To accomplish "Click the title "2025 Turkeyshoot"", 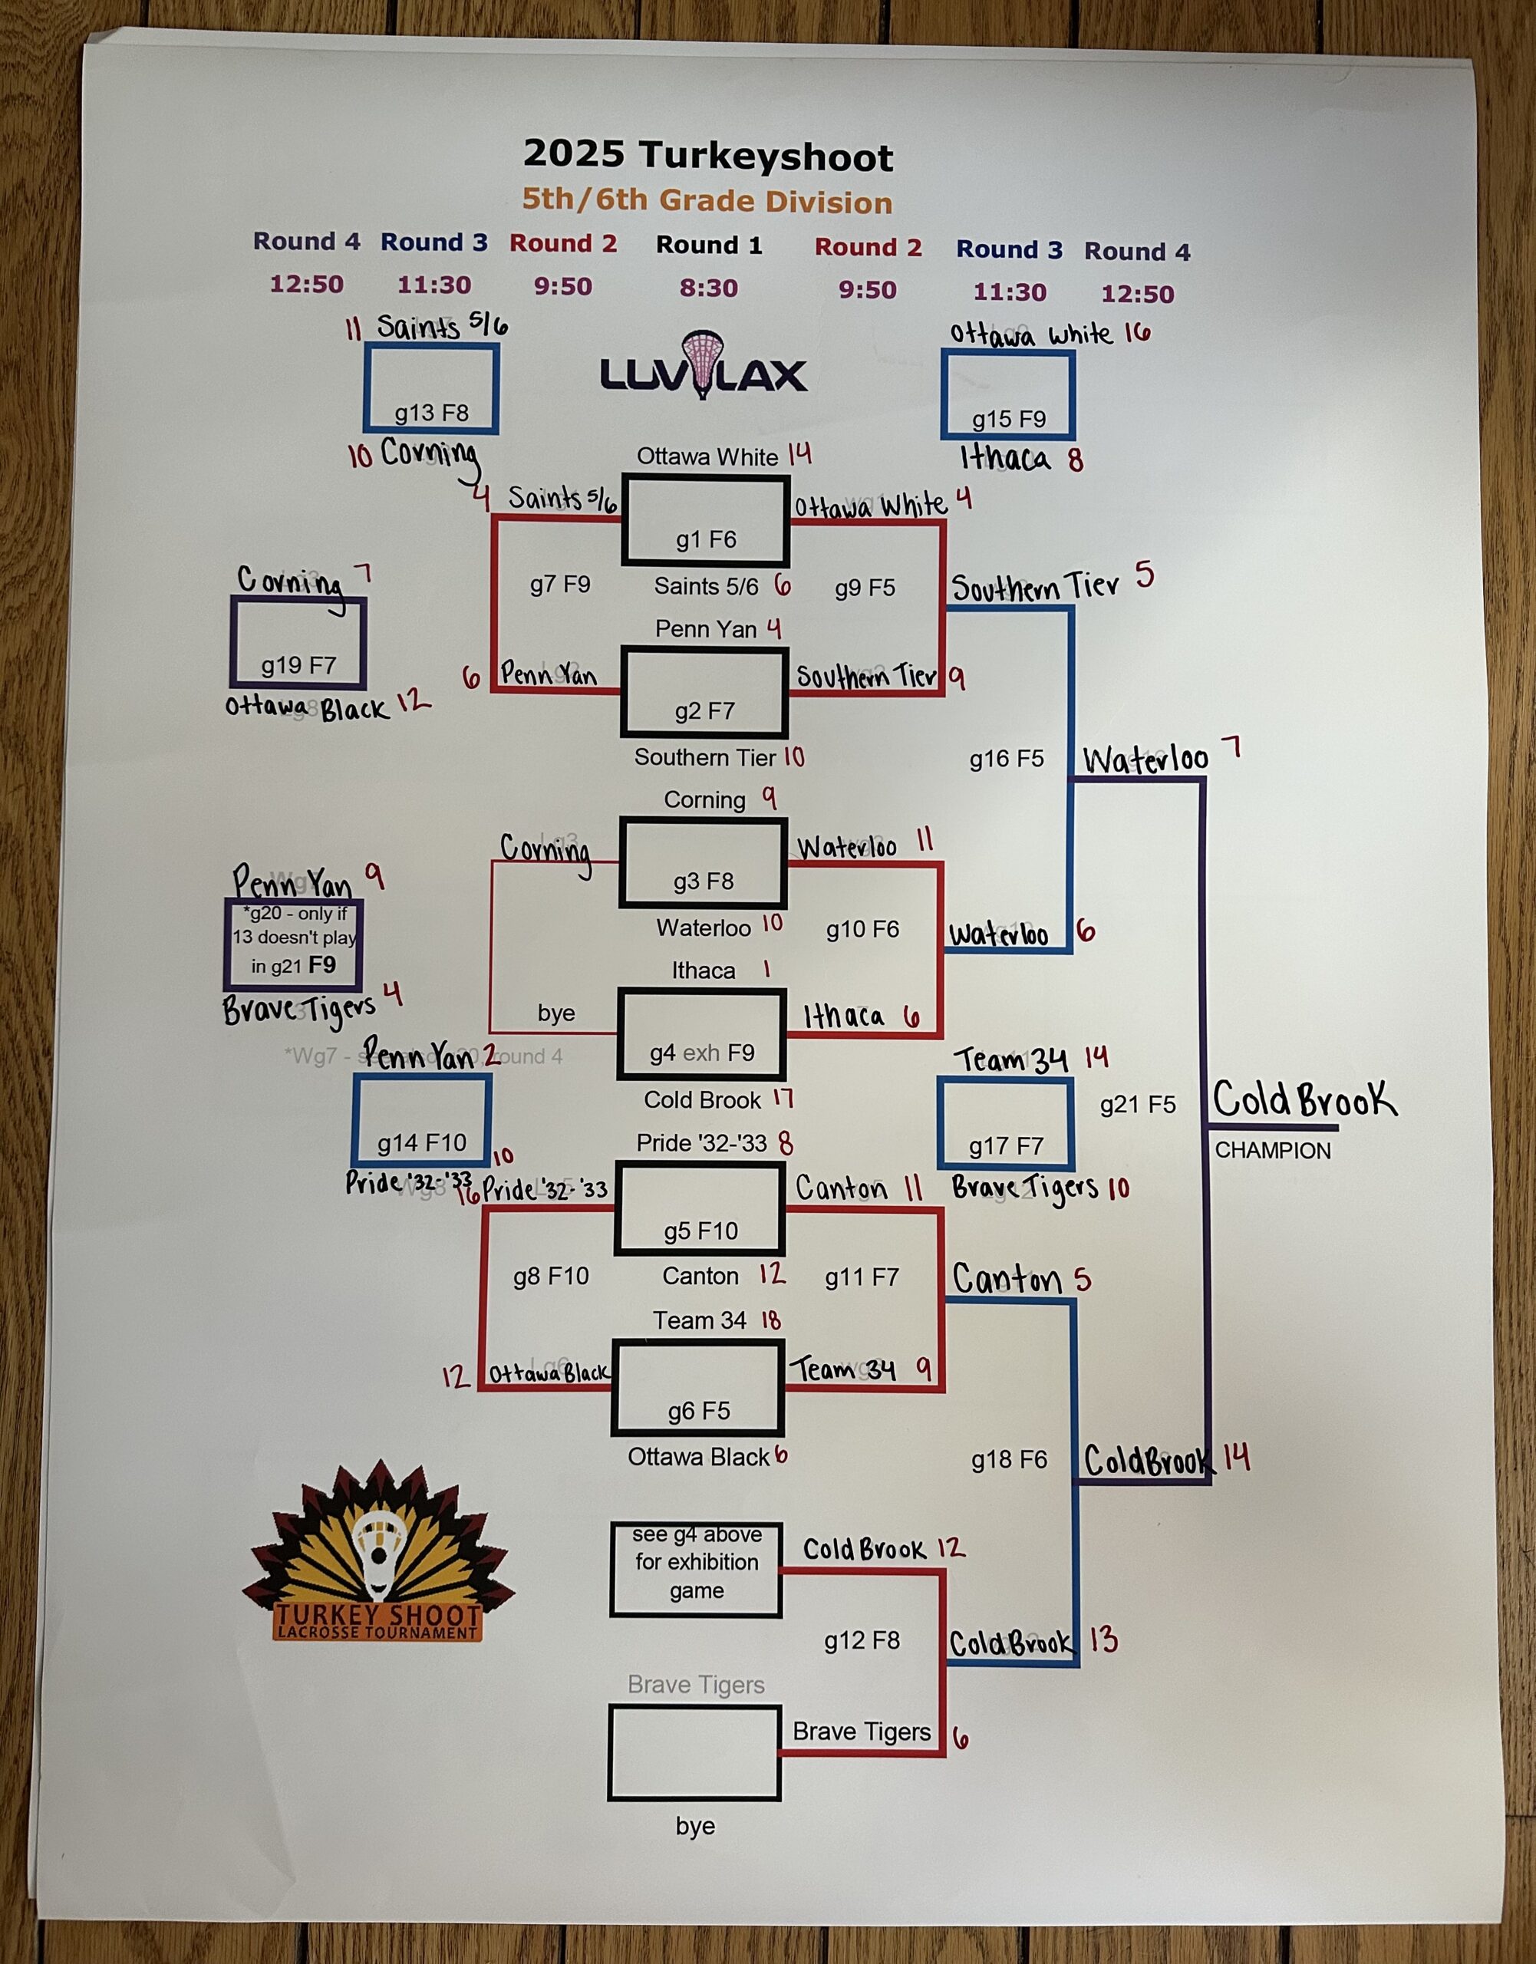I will (707, 155).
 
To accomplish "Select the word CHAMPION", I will (1273, 1151).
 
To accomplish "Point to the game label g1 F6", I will (706, 539).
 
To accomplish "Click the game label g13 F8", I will (432, 413).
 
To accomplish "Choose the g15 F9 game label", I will (1009, 419).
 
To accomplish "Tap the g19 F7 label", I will (298, 665).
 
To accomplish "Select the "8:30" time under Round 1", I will (709, 288).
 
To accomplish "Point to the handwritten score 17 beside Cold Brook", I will (783, 1098).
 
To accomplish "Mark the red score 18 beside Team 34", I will (771, 1320).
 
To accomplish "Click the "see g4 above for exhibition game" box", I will (696, 1562).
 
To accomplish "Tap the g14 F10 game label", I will (422, 1142).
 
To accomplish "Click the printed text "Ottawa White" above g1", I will (707, 456).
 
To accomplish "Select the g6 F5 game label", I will (699, 1410).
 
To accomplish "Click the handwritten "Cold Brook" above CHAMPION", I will (1304, 1099).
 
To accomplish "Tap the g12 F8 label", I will (862, 1640).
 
